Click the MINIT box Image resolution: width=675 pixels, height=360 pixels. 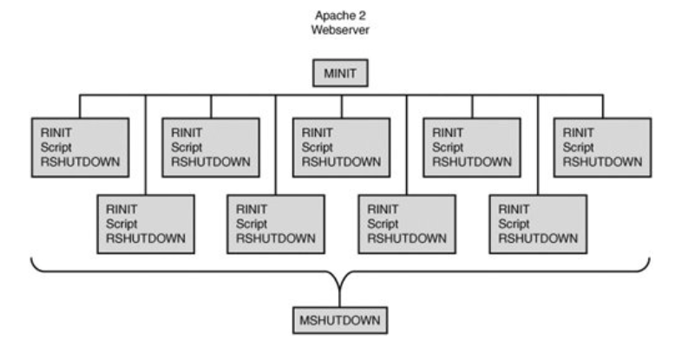tap(341, 74)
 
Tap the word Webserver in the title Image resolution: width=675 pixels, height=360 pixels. tap(340, 30)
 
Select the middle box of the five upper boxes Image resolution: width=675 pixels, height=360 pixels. tap(340, 147)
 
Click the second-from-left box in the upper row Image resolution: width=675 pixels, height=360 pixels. tap(211, 147)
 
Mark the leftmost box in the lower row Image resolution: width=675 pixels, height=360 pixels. tap(146, 223)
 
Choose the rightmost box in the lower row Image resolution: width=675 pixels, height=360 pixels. tap(537, 223)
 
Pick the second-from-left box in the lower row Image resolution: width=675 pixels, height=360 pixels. tap(276, 223)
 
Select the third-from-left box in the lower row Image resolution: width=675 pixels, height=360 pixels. tap(406, 223)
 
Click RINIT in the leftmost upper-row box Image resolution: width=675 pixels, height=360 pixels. tap(55, 133)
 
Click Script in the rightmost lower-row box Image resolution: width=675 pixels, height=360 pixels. tap(514, 223)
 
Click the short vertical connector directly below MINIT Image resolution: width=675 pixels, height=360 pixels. tap(341, 89)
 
